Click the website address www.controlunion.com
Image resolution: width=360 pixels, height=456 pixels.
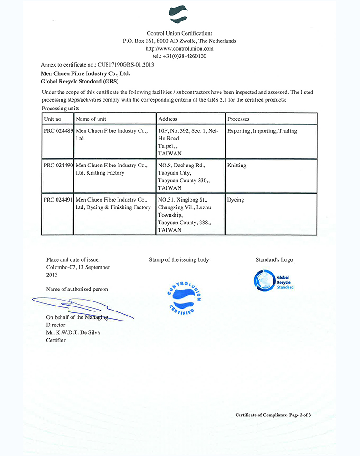[180, 48]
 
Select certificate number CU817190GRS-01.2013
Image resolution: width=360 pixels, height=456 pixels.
[126, 64]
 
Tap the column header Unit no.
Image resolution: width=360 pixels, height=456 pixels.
[54, 119]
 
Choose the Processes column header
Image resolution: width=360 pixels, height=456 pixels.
[238, 119]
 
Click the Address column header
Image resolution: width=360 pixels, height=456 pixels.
[168, 119]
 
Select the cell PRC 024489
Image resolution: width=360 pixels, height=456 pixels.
[58, 131]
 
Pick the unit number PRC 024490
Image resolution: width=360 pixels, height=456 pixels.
[58, 166]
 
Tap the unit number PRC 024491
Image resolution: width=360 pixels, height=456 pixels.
[58, 200]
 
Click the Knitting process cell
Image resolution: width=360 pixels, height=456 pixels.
[237, 166]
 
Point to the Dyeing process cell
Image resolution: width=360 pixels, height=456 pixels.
[236, 200]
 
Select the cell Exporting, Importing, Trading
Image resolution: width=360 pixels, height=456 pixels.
[262, 131]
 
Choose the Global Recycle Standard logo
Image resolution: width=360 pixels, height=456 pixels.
[274, 280]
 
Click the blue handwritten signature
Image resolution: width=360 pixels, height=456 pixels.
[77, 306]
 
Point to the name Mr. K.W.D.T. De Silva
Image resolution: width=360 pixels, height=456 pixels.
[73, 332]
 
